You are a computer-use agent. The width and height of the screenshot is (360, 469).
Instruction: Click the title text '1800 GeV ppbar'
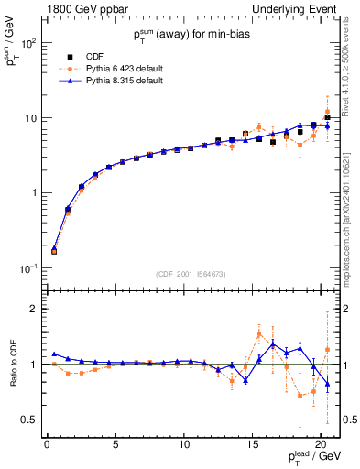click(82, 9)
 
